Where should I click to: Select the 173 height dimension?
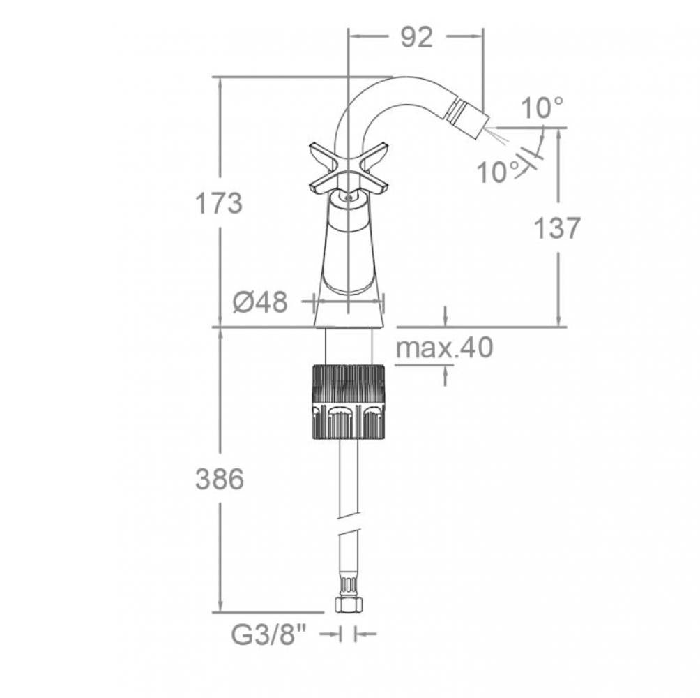pyautogui.click(x=219, y=203)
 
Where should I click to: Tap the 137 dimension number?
pyautogui.click(x=556, y=228)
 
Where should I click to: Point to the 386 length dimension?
pyautogui.click(x=220, y=479)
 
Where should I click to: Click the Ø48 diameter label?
pyautogui.click(x=260, y=302)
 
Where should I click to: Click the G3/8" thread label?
pyautogui.click(x=269, y=634)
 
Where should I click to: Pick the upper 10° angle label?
pyautogui.click(x=542, y=108)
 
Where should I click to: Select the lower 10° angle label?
pyautogui.click(x=499, y=172)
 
